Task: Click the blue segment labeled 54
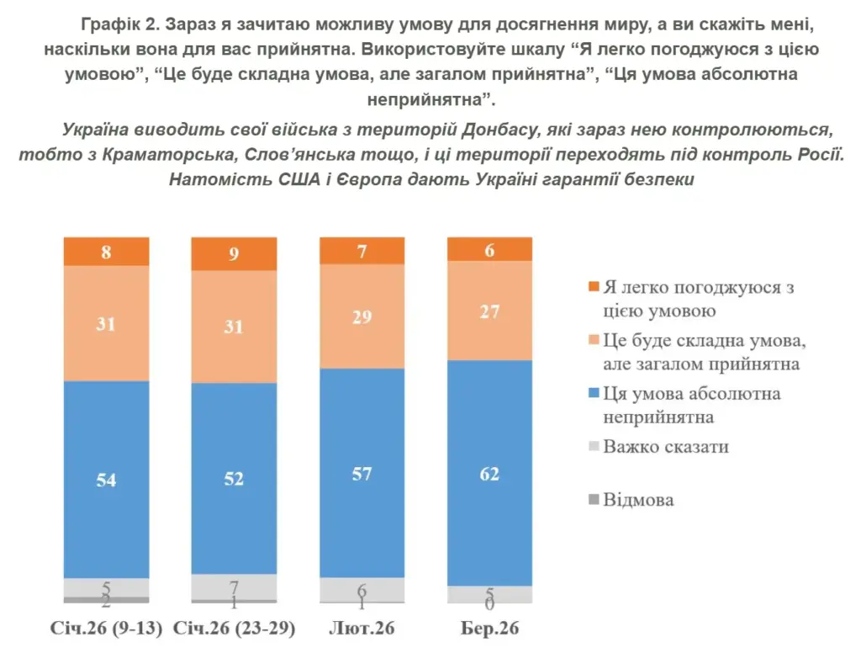pyautogui.click(x=106, y=480)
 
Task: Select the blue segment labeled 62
pyautogui.click(x=489, y=473)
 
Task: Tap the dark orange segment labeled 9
pyautogui.click(x=234, y=253)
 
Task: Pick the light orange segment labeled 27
pyautogui.click(x=489, y=311)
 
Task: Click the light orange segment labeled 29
pyautogui.click(x=362, y=318)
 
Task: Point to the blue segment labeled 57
pyautogui.click(x=362, y=473)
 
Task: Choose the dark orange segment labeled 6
pyautogui.click(x=489, y=249)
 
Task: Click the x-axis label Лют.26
pyautogui.click(x=362, y=629)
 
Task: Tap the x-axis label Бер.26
pyautogui.click(x=490, y=629)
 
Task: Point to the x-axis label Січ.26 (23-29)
pyautogui.click(x=234, y=629)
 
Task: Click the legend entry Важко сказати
pyautogui.click(x=665, y=447)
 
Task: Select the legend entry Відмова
pyautogui.click(x=638, y=500)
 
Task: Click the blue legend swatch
pyautogui.click(x=594, y=394)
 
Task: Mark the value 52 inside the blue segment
pyautogui.click(x=234, y=478)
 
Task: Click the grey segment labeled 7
pyautogui.click(x=234, y=587)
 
